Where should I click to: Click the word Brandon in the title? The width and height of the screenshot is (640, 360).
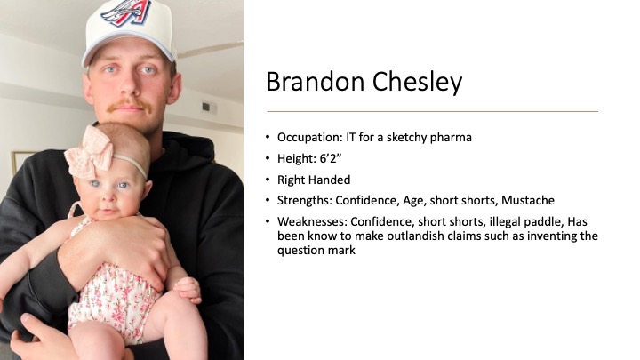315,81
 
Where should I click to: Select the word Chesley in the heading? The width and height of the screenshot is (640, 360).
417,83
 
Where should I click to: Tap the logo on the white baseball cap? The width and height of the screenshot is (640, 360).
126,12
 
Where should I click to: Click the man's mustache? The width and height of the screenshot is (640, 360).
130,106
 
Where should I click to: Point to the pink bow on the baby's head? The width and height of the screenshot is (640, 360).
89,152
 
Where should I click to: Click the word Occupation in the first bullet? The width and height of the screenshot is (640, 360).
310,138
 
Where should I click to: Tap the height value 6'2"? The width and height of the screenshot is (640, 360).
330,158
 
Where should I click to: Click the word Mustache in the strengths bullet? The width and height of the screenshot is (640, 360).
528,200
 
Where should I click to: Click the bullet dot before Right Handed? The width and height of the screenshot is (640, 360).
268,180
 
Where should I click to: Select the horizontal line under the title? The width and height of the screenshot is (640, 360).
432,111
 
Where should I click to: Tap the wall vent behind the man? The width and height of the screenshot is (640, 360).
209,108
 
